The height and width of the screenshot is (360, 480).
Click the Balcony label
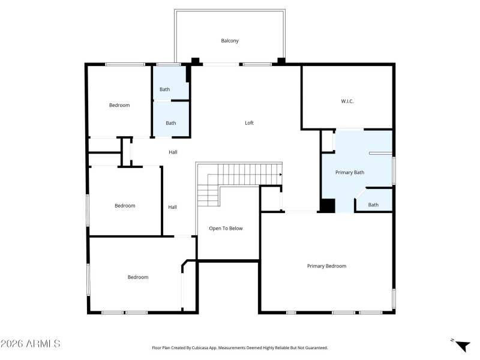point(230,41)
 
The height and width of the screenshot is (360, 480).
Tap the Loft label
point(249,123)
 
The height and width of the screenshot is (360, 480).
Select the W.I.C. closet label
point(347,101)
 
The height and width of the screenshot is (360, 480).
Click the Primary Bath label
point(349,173)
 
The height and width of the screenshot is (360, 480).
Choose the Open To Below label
point(226,229)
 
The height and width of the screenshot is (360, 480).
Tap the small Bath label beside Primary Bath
point(373,205)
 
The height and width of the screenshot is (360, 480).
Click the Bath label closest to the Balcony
point(164,89)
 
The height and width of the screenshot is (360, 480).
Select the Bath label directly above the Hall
point(171,123)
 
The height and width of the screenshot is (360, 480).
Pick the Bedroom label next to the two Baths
point(119,106)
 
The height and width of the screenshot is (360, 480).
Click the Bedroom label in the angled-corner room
point(137,277)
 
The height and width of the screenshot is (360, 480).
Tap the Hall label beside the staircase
point(172,207)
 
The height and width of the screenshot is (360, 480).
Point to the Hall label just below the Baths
point(173,152)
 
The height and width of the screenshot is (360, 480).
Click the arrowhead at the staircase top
point(280,175)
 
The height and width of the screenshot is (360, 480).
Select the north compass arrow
point(462,346)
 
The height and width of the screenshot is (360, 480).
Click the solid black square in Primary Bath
point(326,206)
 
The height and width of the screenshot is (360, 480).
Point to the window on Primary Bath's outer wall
point(394,170)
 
